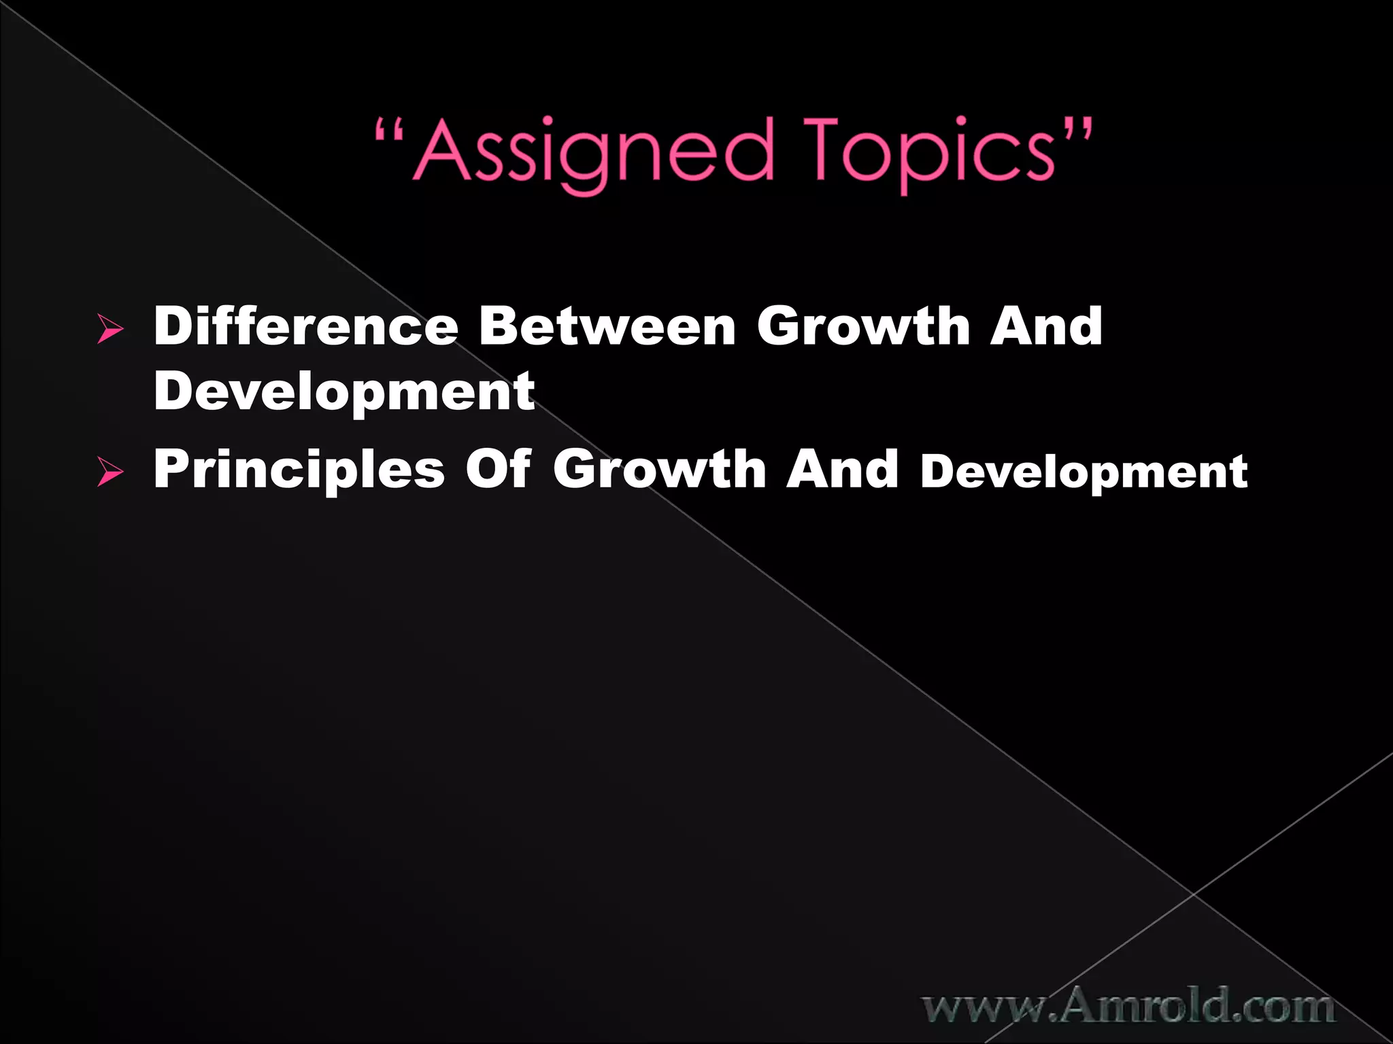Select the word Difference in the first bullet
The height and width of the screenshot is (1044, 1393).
click(x=306, y=327)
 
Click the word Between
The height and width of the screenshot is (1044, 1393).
click(x=607, y=327)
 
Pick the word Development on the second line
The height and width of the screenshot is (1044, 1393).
click(x=344, y=391)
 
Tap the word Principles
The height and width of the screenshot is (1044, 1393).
click(x=299, y=470)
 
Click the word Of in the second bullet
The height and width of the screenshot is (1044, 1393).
click(x=498, y=470)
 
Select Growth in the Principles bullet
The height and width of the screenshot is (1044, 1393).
click(x=660, y=470)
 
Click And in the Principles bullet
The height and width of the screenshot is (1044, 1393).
click(x=842, y=470)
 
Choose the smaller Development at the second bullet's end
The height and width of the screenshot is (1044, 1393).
click(x=1084, y=472)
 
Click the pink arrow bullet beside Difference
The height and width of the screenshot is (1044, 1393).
click(x=110, y=330)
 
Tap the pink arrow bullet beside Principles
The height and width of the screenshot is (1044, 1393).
click(x=110, y=473)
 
